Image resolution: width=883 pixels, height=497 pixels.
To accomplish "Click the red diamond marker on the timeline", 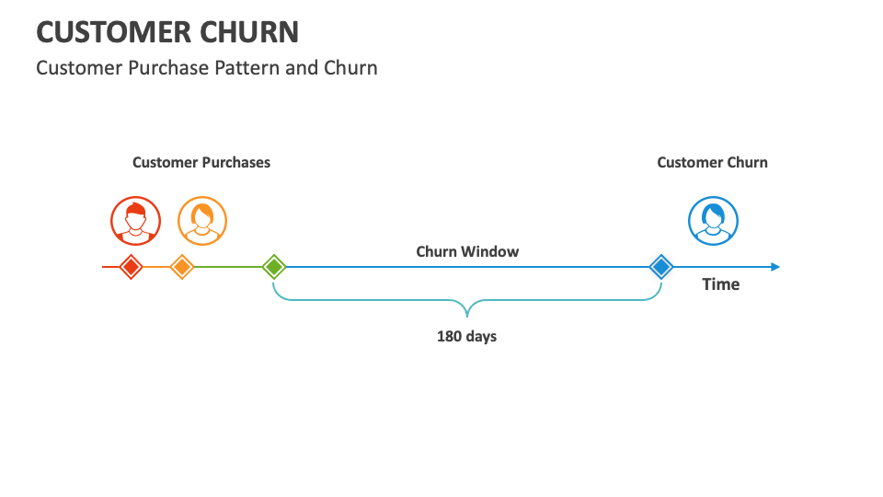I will click(132, 267).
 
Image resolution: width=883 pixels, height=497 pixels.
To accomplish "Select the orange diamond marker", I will click(182, 267).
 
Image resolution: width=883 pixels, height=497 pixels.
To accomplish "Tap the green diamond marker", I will click(273, 267).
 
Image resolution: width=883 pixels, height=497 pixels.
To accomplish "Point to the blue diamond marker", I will click(660, 267).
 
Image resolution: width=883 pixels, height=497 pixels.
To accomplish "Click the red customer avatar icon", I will click(135, 221).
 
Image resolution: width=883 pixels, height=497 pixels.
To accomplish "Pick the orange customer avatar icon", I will click(201, 221).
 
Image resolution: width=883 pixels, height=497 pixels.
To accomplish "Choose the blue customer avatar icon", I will click(713, 221).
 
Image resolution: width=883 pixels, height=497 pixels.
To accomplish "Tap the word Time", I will click(721, 284).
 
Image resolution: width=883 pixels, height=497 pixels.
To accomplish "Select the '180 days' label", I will click(466, 337).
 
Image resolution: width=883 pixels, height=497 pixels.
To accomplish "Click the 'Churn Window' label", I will click(467, 251).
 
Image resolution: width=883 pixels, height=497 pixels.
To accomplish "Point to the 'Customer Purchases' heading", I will click(201, 163).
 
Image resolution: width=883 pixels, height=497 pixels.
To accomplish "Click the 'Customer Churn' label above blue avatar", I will click(712, 163).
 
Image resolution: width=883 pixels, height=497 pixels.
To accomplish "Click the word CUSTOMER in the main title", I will click(111, 32).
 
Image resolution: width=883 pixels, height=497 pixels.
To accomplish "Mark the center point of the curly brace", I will click(467, 307).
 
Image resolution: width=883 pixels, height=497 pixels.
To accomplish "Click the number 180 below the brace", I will click(449, 337).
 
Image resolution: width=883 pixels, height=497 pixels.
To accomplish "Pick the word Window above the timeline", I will click(491, 251).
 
